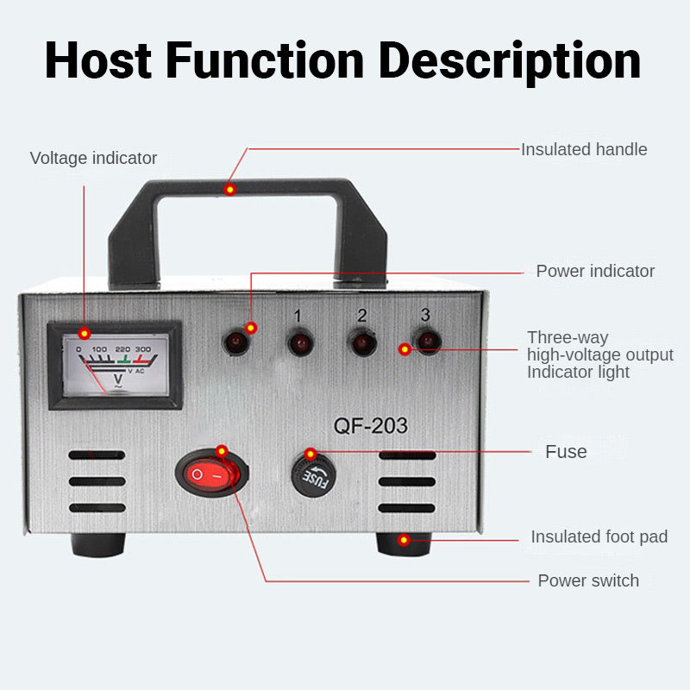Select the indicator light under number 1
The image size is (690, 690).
coord(298,344)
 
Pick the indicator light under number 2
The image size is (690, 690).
coord(361,343)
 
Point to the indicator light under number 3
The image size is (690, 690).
coord(425,342)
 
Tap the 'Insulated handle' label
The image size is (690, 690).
coord(583,149)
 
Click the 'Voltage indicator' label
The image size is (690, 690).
coord(93,158)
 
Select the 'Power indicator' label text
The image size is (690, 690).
coord(595,271)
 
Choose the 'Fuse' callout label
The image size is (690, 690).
coord(566,451)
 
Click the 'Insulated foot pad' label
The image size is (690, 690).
coord(599,536)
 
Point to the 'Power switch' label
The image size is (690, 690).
coord(588,580)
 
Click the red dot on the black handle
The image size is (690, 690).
coord(229,189)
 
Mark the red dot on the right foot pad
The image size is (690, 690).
coord(403,540)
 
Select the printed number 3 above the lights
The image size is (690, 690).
coord(425,314)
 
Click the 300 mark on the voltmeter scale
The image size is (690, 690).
coord(143,349)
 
